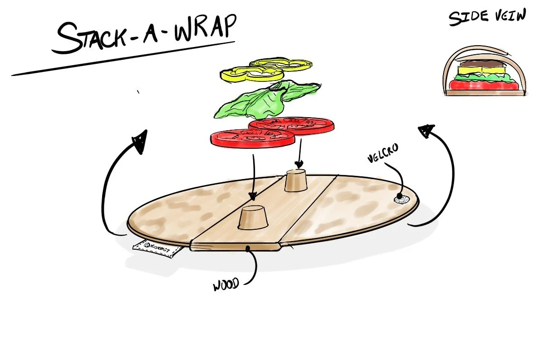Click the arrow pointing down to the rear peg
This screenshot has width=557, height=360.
click(x=299, y=154)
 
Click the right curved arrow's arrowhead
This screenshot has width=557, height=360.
click(x=425, y=131)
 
